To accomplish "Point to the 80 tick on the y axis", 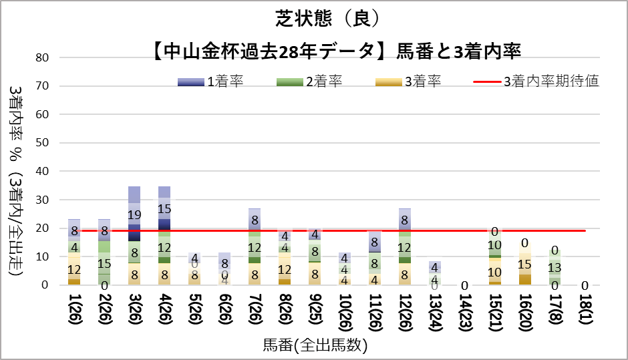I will [44, 57].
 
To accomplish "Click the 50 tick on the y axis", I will [44, 143].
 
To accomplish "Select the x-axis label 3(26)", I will [134, 313].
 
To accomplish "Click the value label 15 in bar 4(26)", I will [164, 208].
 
